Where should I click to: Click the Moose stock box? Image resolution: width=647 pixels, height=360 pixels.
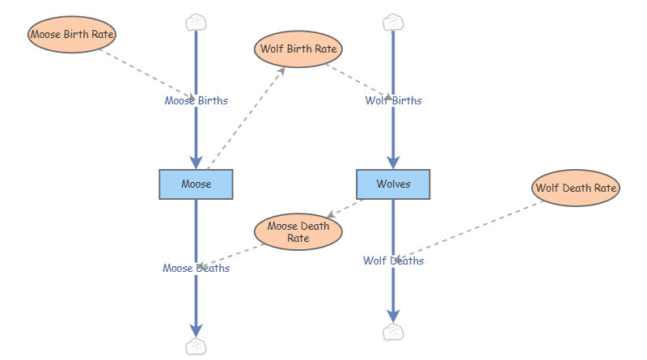pos(196,184)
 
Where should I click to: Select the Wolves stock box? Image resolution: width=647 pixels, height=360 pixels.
pos(393,184)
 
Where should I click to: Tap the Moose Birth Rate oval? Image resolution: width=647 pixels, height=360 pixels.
pos(72,35)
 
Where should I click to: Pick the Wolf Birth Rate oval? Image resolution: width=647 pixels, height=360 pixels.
pos(298,49)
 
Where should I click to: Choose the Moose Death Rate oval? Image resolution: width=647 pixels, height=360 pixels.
pos(298,232)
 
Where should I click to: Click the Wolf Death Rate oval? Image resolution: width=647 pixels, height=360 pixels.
pos(577,188)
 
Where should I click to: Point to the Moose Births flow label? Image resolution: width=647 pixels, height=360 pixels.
pos(196,101)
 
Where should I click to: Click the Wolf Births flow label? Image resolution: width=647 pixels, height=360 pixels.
pos(393,101)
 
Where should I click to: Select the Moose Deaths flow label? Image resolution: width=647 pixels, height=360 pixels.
pos(196,269)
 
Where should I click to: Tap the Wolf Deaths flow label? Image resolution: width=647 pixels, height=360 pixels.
pos(393,261)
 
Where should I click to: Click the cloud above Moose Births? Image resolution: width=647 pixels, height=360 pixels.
pos(196,22)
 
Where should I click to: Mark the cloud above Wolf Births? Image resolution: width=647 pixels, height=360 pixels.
pos(393,22)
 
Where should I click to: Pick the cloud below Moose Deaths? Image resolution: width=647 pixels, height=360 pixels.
pos(196,347)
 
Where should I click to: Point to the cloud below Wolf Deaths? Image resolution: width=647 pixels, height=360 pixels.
pos(393,332)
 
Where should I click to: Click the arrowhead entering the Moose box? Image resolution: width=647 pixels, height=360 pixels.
pos(196,162)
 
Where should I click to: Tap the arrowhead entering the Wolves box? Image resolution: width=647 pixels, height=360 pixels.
pos(393,162)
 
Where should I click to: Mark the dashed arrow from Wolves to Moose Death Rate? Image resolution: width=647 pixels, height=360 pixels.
pos(348,207)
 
